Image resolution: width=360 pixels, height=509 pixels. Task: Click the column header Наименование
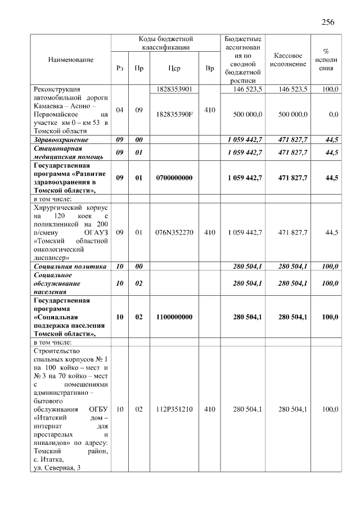pyautogui.click(x=71, y=59)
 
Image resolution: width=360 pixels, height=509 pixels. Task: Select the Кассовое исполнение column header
pyautogui.click(x=288, y=60)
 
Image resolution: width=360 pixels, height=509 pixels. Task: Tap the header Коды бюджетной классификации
pyautogui.click(x=165, y=43)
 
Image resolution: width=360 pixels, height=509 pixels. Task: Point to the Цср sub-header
pyautogui.click(x=173, y=68)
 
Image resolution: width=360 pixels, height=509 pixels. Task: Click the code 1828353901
pyautogui.click(x=173, y=89)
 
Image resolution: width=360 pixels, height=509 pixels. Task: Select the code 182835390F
pyautogui.click(x=173, y=114)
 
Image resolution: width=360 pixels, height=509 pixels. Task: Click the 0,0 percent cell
pyautogui.click(x=333, y=114)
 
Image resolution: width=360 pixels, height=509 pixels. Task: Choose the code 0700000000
pyautogui.click(x=173, y=178)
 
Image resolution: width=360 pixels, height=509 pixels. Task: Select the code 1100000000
pyautogui.click(x=173, y=317)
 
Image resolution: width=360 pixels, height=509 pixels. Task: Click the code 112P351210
pyautogui.click(x=173, y=409)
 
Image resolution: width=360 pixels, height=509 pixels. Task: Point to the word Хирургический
pyautogui.click(x=58, y=206)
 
